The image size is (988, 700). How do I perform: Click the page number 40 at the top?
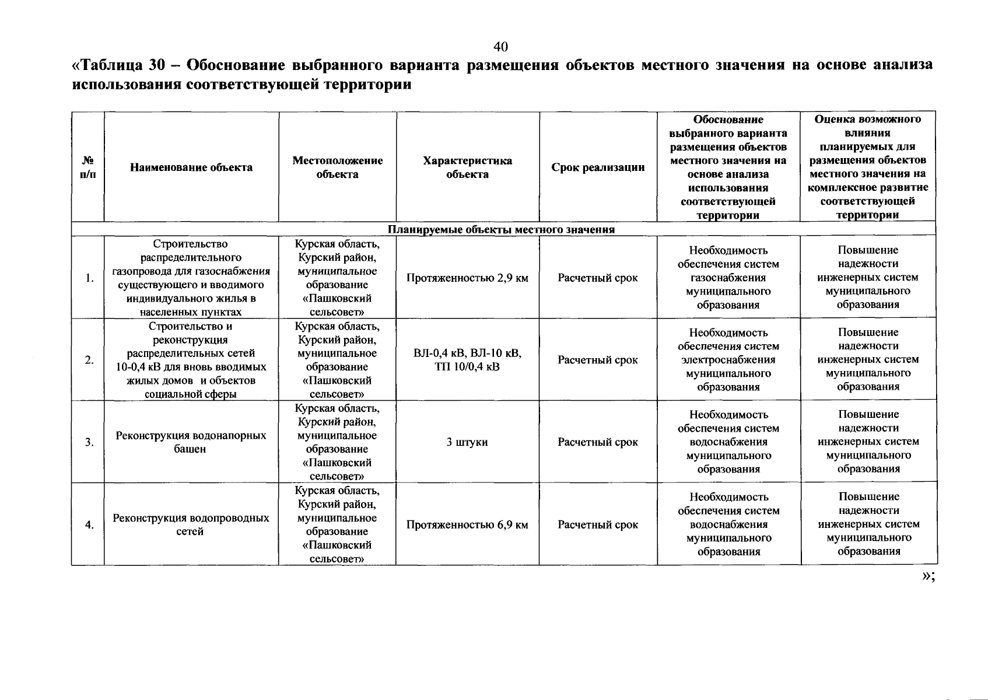pos(501,47)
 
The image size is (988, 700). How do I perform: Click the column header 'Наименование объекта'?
pos(191,167)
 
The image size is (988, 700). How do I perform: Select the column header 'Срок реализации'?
pos(598,167)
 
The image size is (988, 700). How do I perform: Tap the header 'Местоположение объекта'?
pos(337,167)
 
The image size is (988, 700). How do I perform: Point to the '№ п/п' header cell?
pos(88,167)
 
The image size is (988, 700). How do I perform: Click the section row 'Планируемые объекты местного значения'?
pos(502,229)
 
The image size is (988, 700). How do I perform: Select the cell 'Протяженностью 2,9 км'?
pos(467,278)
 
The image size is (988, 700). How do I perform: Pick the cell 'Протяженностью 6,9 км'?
pos(467,524)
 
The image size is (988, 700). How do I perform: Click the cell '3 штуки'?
pos(467,442)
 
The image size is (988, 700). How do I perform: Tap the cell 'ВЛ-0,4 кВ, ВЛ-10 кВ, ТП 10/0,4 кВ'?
pos(467,360)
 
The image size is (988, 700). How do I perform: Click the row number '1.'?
pos(89,278)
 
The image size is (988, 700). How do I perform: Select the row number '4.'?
pos(89,524)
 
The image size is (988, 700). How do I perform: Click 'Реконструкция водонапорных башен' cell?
pos(191,442)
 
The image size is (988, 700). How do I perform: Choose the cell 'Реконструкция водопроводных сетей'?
pos(191,524)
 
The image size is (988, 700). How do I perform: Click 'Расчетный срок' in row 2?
pos(598,360)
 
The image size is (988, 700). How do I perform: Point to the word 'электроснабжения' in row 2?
pos(728,360)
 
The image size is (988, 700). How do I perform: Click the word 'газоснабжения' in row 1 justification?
pos(728,278)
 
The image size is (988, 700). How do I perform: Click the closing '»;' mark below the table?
pos(929,577)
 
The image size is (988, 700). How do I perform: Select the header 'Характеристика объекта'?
pos(467,167)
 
